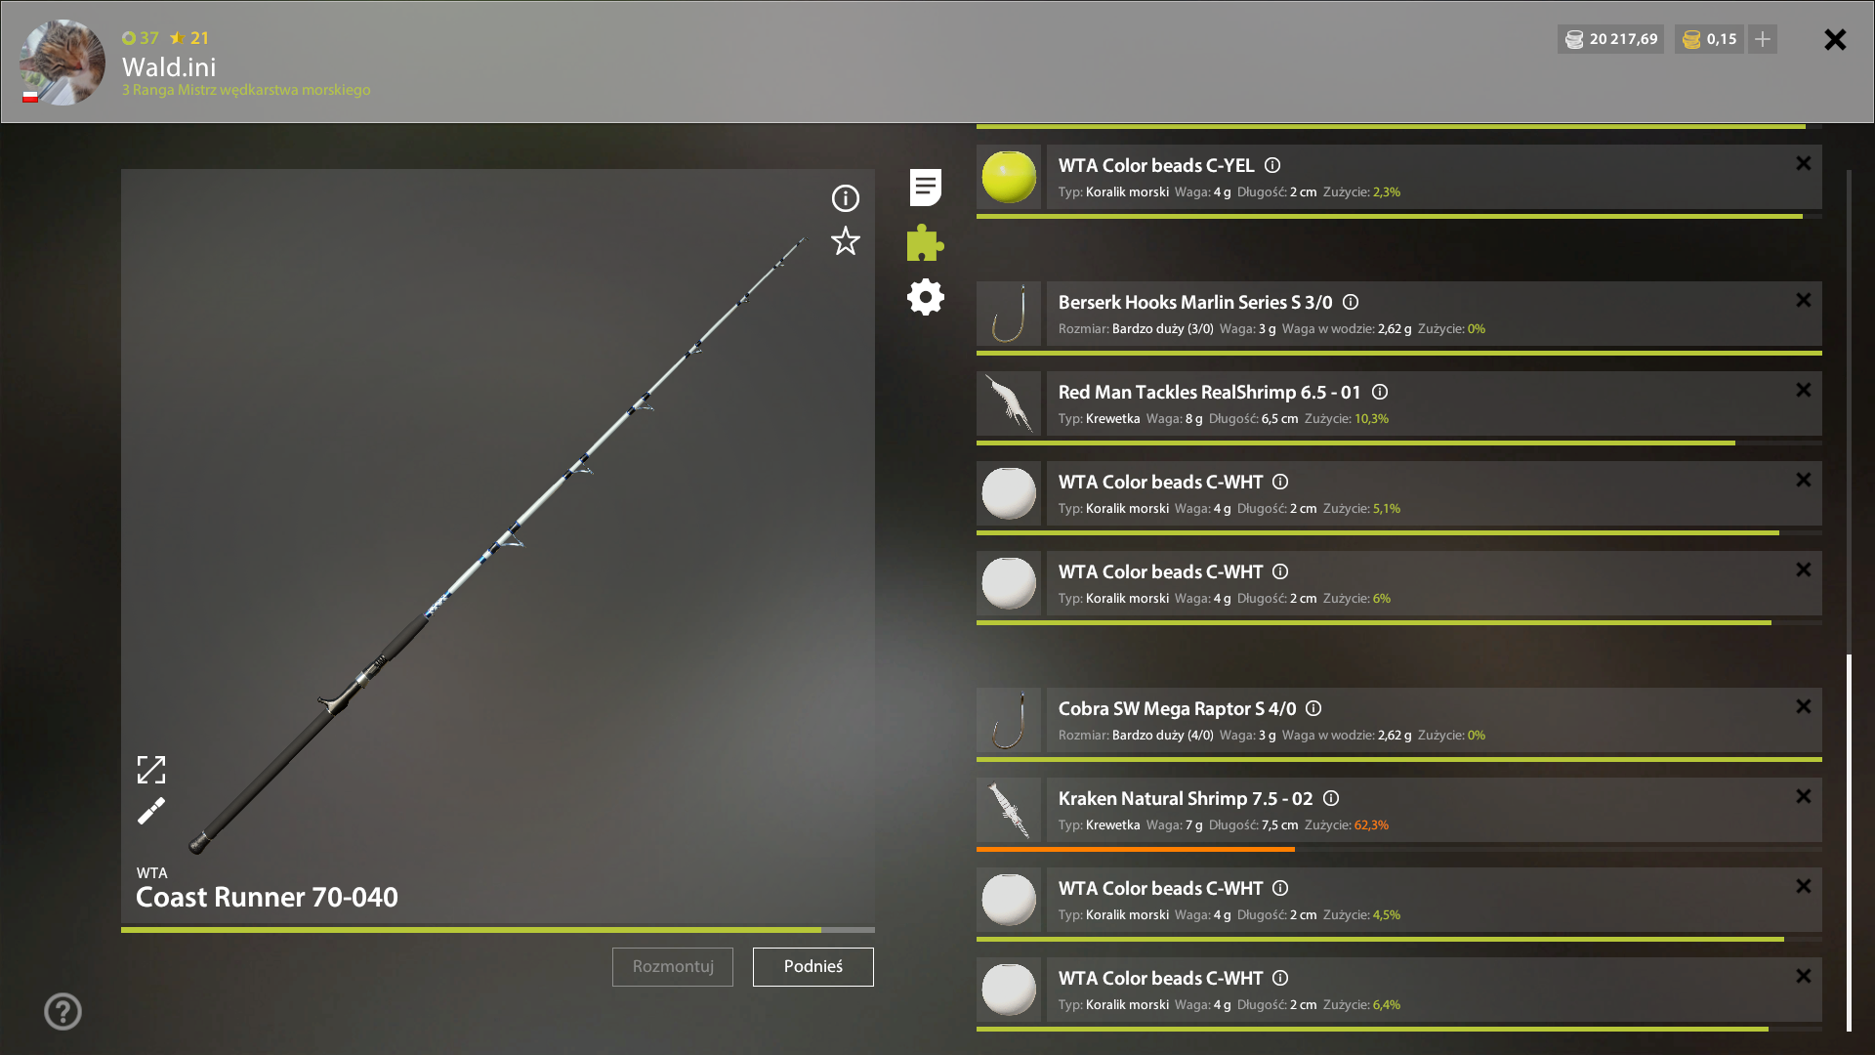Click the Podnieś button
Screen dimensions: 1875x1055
click(812, 966)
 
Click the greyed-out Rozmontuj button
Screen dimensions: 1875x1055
click(673, 966)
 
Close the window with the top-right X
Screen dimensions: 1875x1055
click(1835, 39)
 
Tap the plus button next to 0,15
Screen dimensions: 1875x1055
click(1763, 39)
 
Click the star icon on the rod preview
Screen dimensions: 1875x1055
click(846, 241)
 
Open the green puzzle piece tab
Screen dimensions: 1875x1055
click(925, 242)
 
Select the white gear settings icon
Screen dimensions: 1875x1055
click(925, 297)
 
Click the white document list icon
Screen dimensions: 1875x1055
click(925, 187)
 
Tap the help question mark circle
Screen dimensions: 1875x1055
click(62, 1011)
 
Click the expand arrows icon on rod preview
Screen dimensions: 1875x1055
click(151, 770)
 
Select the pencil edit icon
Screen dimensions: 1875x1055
click(151, 811)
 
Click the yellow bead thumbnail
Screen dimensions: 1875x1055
click(1009, 177)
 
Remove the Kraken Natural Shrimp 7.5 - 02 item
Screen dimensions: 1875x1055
click(1804, 796)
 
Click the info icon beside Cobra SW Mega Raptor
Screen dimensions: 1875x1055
click(1313, 708)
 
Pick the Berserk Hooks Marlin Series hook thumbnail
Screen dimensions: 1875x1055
click(1009, 314)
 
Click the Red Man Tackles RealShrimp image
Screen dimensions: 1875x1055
click(1009, 403)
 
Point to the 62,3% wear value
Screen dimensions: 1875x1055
click(1371, 825)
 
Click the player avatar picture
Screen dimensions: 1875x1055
click(62, 62)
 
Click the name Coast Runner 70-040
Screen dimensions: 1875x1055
click(267, 897)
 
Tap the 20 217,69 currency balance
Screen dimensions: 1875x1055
click(1623, 39)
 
